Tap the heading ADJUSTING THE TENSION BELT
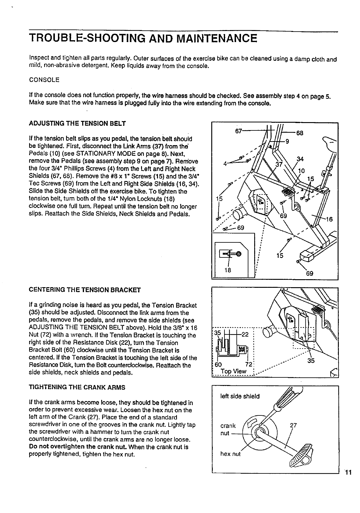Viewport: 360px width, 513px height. [77, 124]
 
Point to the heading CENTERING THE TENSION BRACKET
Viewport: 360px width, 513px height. [85, 289]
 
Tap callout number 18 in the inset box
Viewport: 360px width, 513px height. [228, 270]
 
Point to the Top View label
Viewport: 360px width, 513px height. [234, 371]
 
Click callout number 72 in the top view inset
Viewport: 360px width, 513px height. [249, 364]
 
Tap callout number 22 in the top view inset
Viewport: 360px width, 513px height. [245, 334]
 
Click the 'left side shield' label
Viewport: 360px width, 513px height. [240, 396]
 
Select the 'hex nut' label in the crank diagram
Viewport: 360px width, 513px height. [231, 453]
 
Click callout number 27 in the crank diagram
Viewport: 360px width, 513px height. [294, 426]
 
